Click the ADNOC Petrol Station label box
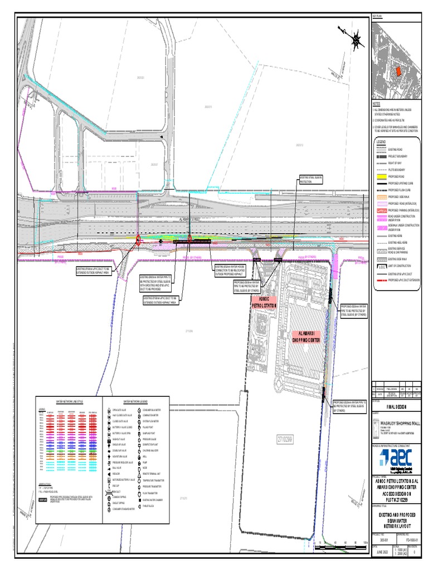tap(264, 303)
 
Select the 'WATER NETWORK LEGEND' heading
tap(135, 401)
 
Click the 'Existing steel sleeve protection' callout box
tap(311, 180)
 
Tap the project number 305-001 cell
tap(380, 539)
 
